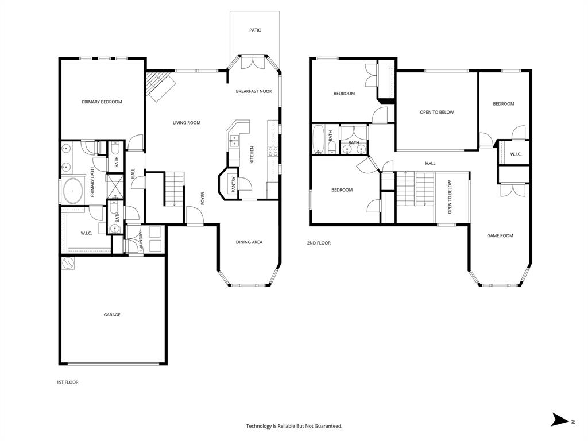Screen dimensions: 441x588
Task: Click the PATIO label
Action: pos(255,30)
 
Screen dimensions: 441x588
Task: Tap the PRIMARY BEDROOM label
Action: pos(102,102)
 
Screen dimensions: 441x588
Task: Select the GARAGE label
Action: pos(112,315)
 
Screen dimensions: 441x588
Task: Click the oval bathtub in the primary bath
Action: pos(73,191)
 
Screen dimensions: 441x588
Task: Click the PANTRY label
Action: pos(234,184)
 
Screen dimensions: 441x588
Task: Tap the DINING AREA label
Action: pos(249,242)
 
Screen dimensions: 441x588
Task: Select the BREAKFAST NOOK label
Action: pos(254,91)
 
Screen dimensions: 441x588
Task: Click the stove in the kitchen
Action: pos(274,152)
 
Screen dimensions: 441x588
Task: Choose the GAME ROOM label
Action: pos(500,235)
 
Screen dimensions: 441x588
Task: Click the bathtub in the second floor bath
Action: pos(319,139)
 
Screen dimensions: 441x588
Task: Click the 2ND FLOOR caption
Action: pos(319,243)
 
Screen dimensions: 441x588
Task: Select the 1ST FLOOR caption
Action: pos(67,382)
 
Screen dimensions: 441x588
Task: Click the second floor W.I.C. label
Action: pos(515,154)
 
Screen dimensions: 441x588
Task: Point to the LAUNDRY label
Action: pos(140,241)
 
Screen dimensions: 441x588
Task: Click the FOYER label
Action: pos(203,198)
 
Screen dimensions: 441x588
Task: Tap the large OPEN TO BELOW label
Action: pos(436,112)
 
